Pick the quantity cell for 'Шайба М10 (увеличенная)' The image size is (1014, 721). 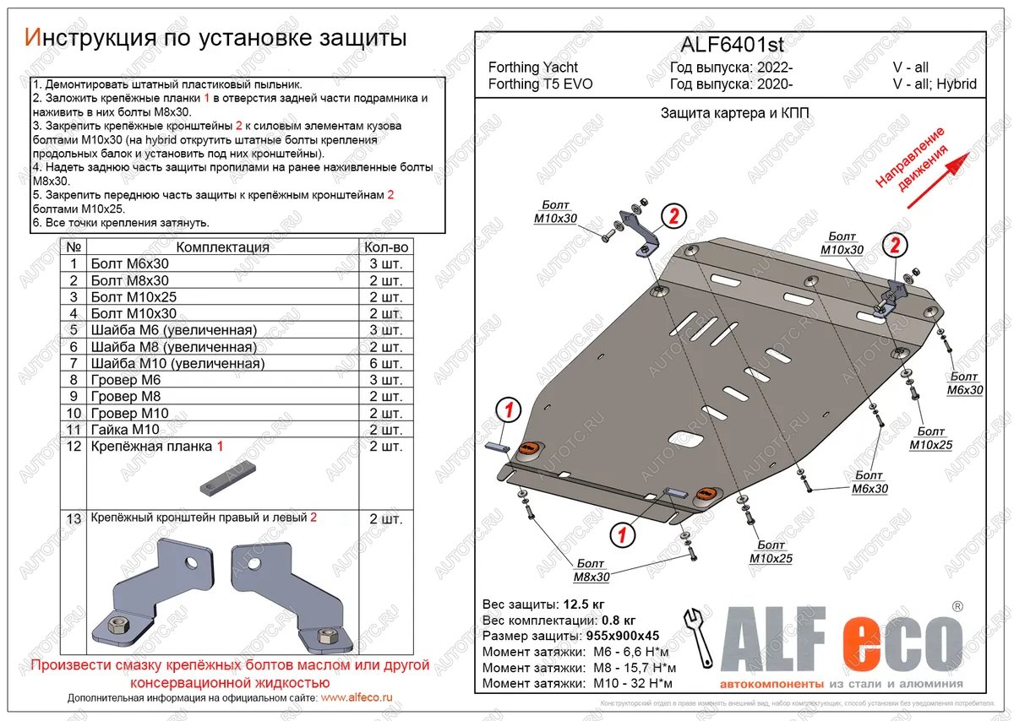point(386,364)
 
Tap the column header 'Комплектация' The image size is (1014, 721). point(222,247)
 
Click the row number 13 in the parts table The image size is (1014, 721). point(74,518)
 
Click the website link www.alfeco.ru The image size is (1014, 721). point(357,698)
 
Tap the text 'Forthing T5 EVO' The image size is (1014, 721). point(540,84)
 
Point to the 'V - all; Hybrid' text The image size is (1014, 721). point(935,84)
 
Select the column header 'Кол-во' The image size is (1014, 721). point(386,247)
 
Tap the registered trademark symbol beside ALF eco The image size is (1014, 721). point(957,606)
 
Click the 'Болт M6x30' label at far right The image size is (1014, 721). point(964,383)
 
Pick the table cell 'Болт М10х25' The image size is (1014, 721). point(134,297)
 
